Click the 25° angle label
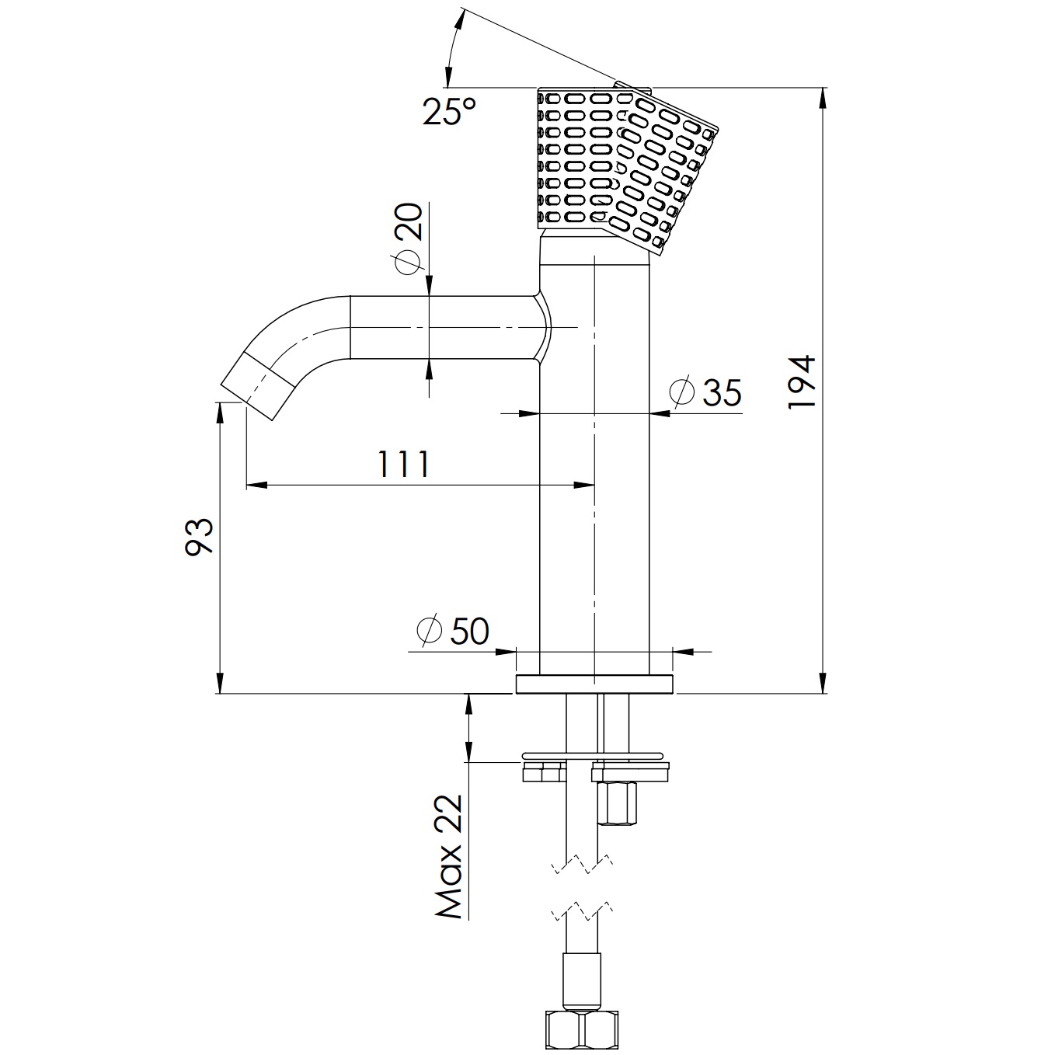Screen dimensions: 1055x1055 coord(448,111)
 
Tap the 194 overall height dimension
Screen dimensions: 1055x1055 coord(801,382)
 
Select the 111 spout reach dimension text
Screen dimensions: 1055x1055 coord(402,465)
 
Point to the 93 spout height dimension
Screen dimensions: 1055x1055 coord(199,536)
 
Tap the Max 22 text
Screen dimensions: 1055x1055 coord(449,857)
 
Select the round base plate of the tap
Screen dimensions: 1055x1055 coord(594,684)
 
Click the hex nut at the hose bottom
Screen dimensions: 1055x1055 coord(582,1029)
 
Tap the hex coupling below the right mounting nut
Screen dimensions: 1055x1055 coord(617,804)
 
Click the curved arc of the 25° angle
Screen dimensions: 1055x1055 coord(451,47)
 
